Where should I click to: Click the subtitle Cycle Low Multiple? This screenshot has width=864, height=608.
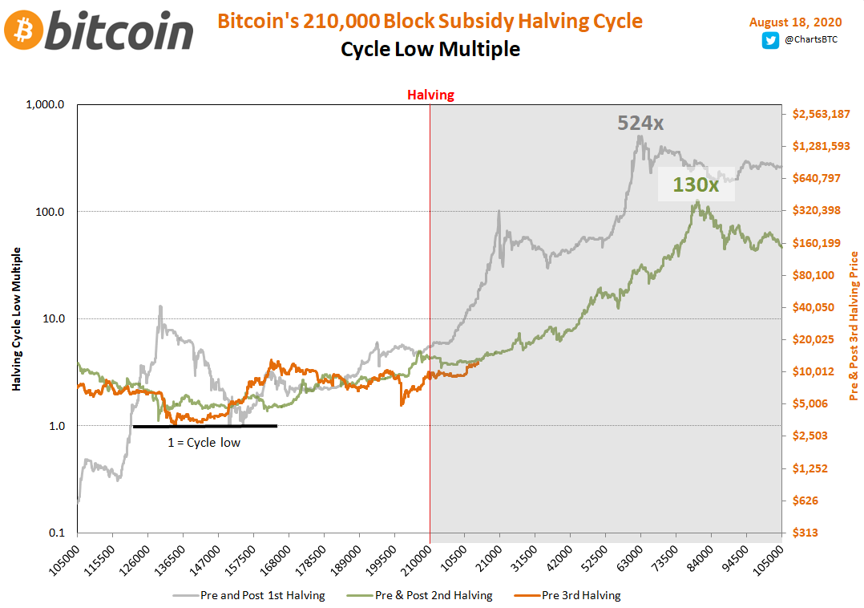coord(430,50)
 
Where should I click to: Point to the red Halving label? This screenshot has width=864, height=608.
coord(430,95)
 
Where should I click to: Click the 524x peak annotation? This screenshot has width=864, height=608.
coord(640,124)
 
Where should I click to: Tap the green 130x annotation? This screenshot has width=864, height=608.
coord(695,184)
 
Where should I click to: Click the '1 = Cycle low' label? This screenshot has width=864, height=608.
coord(204,442)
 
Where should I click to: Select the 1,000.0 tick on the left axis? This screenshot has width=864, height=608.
coord(47,105)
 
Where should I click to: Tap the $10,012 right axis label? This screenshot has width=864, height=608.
coord(813,371)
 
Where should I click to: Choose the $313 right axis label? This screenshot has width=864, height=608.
coord(805,533)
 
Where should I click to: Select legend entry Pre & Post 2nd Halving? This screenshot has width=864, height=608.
coord(434,595)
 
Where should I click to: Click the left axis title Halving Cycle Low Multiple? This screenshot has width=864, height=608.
coord(16,319)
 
